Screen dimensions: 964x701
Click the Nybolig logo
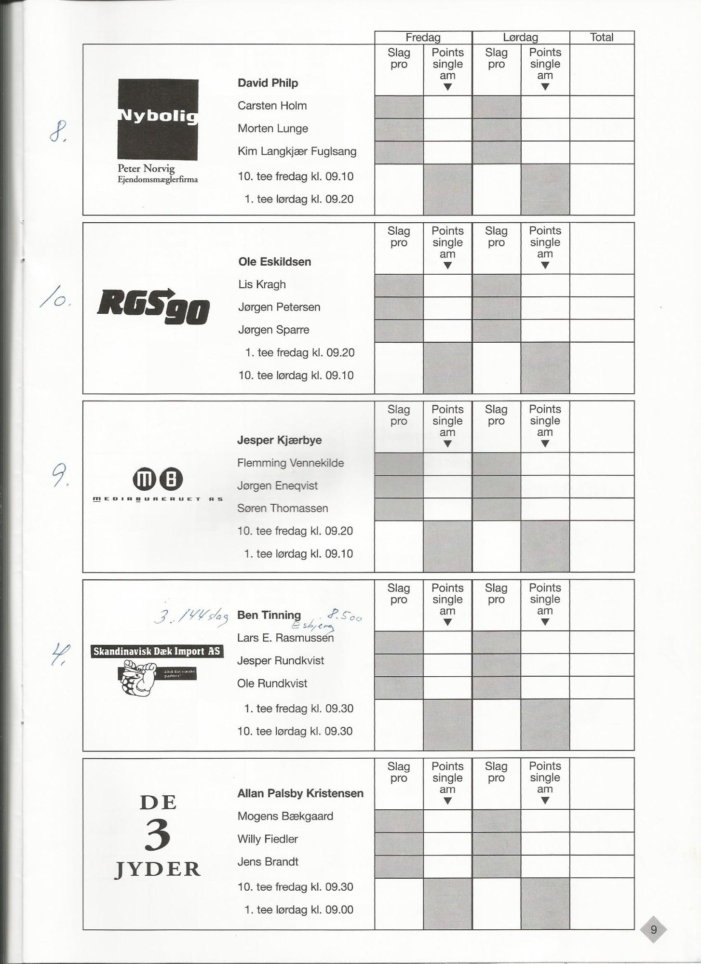point(158,120)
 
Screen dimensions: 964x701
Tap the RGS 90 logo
point(153,307)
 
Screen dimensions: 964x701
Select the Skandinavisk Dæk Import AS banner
point(157,652)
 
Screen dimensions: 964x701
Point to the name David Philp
point(268,83)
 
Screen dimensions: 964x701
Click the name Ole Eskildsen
point(274,262)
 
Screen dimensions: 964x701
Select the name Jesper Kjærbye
point(279,440)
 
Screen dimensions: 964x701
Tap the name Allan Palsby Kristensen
point(300,793)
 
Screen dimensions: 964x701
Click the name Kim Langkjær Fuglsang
point(297,151)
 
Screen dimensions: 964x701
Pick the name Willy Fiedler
point(267,839)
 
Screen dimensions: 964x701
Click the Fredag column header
point(423,38)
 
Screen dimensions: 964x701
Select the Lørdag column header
point(520,38)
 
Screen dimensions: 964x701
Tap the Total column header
point(601,38)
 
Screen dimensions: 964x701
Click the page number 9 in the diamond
point(653,929)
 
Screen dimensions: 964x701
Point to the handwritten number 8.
point(58,131)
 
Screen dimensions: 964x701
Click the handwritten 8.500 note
point(344,616)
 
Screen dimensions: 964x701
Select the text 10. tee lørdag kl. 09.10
point(296,375)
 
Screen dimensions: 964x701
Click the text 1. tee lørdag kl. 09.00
point(298,910)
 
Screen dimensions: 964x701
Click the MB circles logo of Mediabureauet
point(157,479)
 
